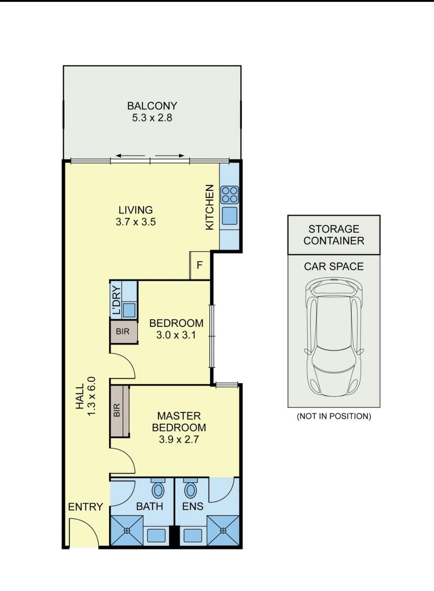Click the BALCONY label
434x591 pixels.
coord(152,106)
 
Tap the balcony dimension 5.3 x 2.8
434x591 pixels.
coord(152,118)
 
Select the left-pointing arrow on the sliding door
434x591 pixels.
coord(130,156)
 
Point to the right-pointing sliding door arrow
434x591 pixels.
coord(170,156)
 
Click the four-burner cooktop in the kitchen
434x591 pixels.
coord(229,195)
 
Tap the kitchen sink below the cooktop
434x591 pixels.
coord(230,216)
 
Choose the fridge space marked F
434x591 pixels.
coord(200,265)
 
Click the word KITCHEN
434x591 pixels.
coord(210,207)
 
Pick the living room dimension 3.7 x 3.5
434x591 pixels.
coord(136,222)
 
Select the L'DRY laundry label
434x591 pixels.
coord(116,300)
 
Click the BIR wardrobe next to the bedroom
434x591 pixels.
coord(123,332)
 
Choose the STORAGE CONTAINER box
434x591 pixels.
coord(334,235)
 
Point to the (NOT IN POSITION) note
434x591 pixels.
coord(334,416)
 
